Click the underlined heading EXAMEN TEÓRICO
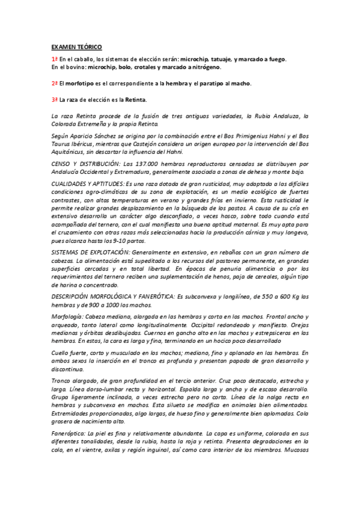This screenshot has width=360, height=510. (x=76, y=46)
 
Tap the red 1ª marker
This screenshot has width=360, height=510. (x=54, y=59)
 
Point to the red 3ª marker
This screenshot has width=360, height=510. (x=54, y=99)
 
